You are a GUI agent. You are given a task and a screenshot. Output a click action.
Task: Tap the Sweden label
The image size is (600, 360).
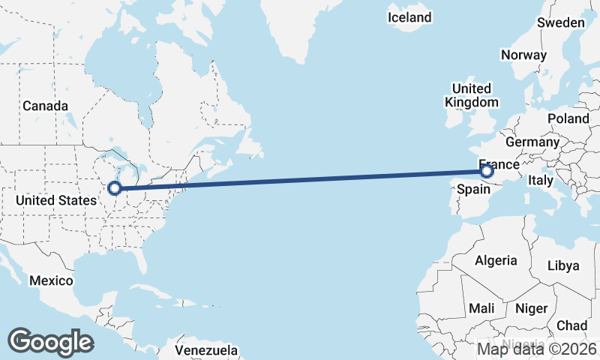pos(560,22)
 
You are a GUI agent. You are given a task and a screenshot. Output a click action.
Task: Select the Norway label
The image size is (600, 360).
pos(523,55)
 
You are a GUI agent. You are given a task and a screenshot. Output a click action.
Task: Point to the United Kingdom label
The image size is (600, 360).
pos(471,95)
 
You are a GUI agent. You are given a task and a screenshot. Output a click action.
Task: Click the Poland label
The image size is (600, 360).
pos(568,118)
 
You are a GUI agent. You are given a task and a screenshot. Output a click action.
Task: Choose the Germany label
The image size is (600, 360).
pos(532,142)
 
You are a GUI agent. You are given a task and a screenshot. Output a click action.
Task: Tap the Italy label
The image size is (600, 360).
pos(541,180)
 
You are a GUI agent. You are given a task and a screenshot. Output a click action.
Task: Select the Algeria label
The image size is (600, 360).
pos(496,260)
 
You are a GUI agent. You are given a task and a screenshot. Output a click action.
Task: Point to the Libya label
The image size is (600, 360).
pos(563,265)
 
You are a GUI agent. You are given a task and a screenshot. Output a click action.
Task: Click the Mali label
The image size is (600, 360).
pos(481,308)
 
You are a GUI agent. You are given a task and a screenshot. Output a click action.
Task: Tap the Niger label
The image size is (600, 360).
pos(531,308)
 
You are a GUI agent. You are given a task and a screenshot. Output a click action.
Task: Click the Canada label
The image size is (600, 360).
pos(45,106)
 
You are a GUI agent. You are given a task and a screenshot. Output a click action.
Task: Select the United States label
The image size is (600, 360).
pos(56,200)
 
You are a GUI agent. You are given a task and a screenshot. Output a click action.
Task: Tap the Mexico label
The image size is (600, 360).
pos(51,280)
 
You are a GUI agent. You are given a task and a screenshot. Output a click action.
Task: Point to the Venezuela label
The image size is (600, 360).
pos(206,350)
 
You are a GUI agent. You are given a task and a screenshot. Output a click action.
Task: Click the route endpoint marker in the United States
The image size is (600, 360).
pos(115,188)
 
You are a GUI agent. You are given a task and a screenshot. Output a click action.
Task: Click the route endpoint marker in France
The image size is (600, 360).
pos(487,172)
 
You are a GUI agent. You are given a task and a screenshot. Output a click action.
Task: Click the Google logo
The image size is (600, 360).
pos(50,341)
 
